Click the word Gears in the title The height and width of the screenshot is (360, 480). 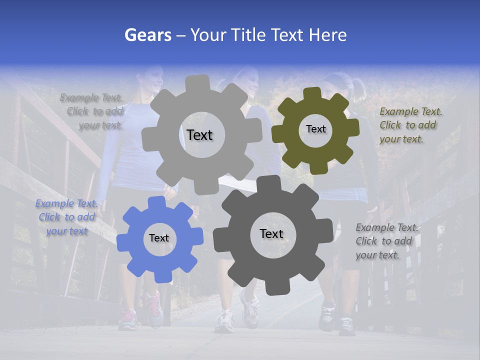coord(147,35)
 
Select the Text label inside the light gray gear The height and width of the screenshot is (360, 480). coord(199,135)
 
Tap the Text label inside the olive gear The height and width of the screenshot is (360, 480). coord(315,129)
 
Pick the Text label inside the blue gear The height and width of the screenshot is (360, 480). coord(159,238)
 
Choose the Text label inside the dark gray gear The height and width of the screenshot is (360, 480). coord(271,233)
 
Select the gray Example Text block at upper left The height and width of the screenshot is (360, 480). coord(92,111)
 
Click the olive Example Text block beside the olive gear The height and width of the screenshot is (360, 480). coord(410,125)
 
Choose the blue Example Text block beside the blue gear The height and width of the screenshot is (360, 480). coord(66,217)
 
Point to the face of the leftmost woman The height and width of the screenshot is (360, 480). coord(155,80)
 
